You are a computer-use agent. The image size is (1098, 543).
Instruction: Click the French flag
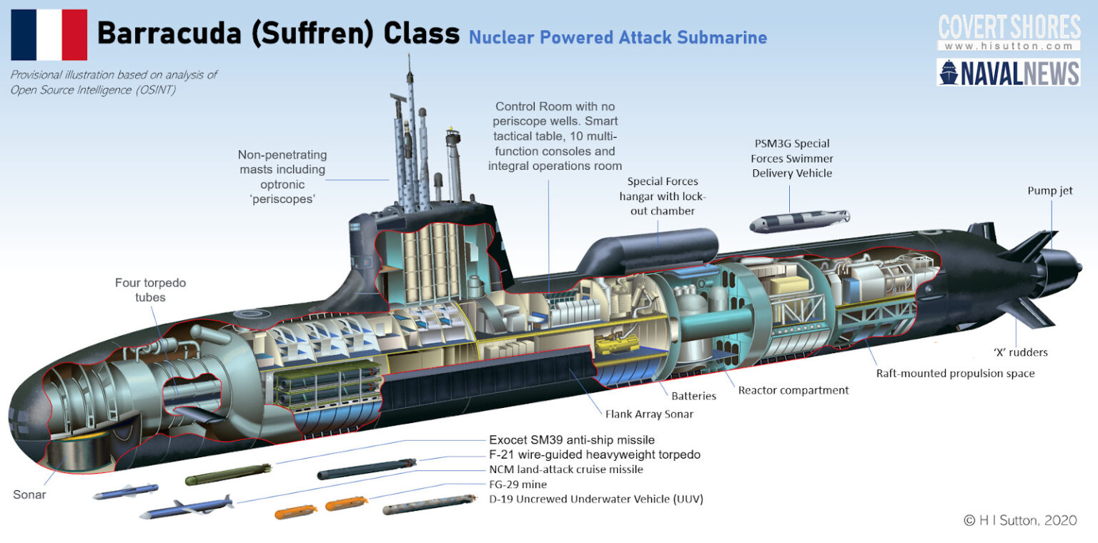click(49, 34)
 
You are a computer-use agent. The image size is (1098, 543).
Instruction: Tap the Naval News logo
click(1008, 72)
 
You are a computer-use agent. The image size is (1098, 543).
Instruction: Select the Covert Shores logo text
click(1009, 28)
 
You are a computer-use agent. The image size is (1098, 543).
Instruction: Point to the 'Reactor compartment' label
click(793, 390)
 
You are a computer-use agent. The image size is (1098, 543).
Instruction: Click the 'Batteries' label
click(693, 395)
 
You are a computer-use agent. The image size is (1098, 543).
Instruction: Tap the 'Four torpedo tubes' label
click(150, 289)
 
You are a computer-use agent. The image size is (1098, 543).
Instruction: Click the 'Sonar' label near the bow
click(29, 494)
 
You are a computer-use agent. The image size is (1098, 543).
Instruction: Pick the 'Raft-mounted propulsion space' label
click(955, 373)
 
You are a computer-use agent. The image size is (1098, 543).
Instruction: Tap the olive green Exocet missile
click(227, 474)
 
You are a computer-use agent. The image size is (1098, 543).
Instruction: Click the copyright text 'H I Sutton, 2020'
click(1019, 520)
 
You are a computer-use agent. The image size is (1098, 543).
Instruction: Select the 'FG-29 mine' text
click(518, 484)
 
